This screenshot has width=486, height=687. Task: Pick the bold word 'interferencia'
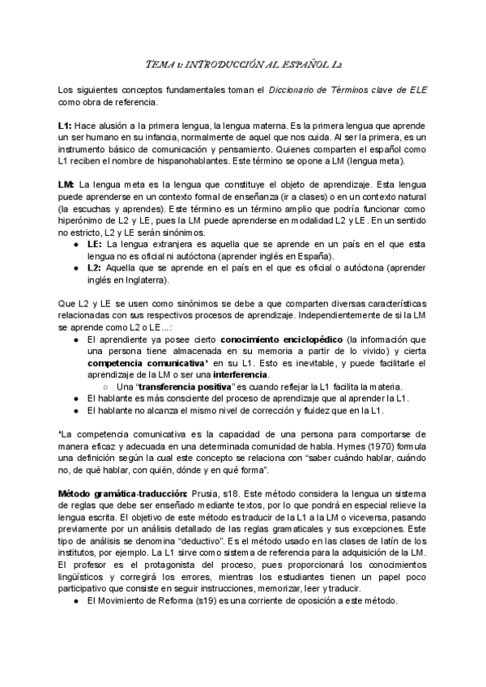tap(241, 374)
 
